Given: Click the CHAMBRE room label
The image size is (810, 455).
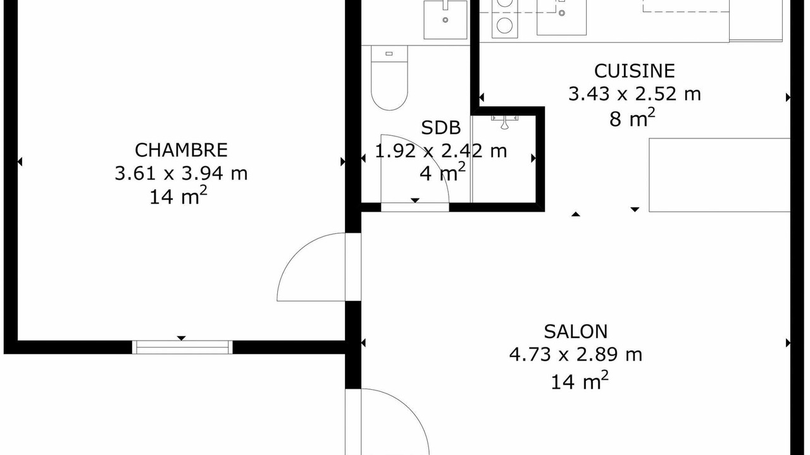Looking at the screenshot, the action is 181,150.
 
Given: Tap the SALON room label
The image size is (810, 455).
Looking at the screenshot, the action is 576,332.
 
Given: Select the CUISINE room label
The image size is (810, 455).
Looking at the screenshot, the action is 635,71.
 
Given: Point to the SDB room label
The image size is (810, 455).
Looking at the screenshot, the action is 441,128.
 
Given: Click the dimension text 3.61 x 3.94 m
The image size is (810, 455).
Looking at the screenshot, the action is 181,173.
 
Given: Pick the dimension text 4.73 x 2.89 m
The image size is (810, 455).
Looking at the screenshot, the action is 576,355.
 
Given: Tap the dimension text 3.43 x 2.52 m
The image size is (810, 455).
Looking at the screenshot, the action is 635,94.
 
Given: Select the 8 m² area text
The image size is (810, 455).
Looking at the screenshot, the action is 632,118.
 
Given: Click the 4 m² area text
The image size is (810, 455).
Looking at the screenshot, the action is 442,172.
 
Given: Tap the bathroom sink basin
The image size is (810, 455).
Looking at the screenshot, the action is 445,20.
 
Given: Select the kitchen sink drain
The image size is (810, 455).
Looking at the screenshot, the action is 561,13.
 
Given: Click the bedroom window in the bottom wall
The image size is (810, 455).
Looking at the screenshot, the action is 182,347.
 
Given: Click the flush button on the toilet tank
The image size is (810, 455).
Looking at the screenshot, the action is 389,54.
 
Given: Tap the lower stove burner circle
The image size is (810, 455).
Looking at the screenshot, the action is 504,25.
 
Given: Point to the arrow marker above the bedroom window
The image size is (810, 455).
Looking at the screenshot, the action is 181,338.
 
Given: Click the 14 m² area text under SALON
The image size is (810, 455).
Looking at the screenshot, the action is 579,380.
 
